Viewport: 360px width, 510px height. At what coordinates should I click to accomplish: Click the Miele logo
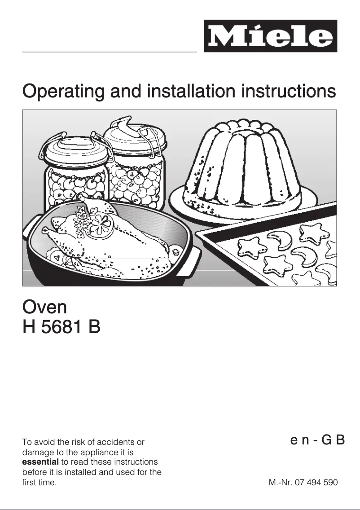[271, 36]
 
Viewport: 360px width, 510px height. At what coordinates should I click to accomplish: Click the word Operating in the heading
[63, 92]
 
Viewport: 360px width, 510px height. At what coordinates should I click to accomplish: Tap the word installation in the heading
[191, 91]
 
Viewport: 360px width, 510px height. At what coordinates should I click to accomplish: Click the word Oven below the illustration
[44, 307]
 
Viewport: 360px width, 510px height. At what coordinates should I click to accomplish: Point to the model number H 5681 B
[61, 327]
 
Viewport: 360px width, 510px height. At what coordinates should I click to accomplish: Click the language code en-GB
[317, 440]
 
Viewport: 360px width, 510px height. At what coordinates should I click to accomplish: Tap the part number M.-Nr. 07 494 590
[303, 482]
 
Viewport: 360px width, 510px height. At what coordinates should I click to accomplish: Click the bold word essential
[41, 462]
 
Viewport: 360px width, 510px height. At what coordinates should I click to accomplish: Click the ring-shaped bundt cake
[243, 166]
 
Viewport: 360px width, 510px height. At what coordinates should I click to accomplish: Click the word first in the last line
[29, 482]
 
